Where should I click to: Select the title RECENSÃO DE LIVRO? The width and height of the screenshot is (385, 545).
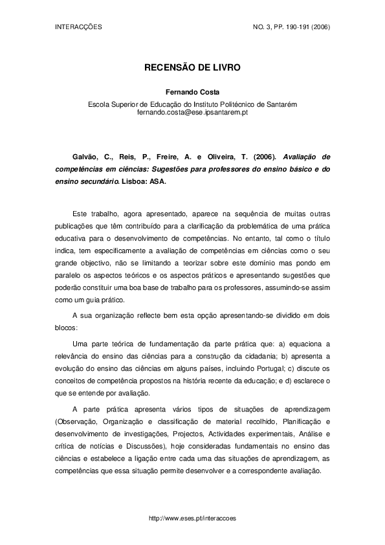pyautogui.click(x=192, y=67)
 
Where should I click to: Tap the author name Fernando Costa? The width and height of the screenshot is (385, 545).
pyautogui.click(x=192, y=92)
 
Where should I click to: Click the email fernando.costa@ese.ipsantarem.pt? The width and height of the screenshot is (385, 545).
pyautogui.click(x=193, y=112)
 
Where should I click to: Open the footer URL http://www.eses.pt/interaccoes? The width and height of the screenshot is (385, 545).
pyautogui.click(x=192, y=519)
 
